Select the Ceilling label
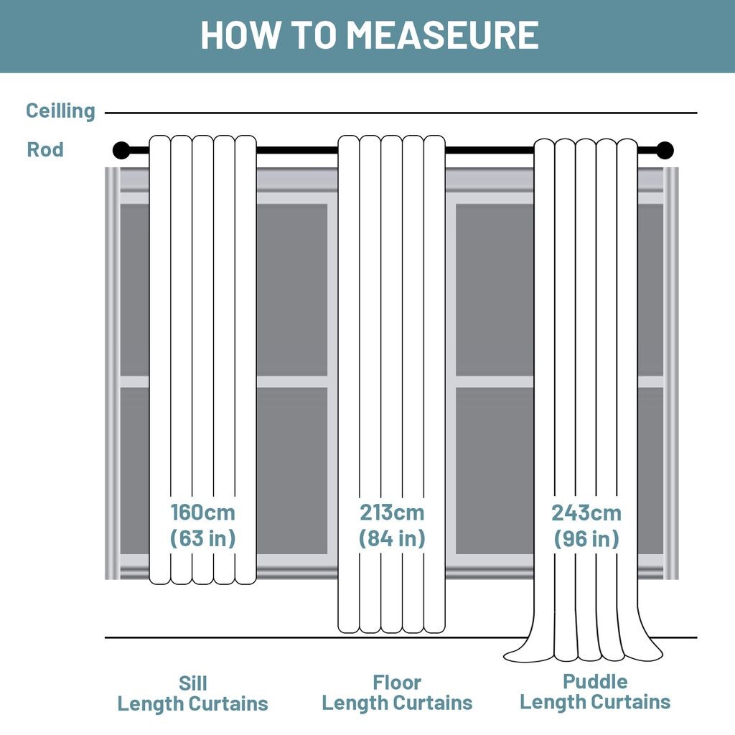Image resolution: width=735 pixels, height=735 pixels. (x=60, y=111)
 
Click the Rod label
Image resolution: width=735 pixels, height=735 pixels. (x=45, y=150)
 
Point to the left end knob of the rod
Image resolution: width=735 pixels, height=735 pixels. (x=121, y=150)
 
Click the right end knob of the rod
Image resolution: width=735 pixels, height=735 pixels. (x=665, y=150)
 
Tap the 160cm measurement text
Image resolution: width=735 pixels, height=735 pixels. (x=202, y=513)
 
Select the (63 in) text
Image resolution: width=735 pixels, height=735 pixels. (x=202, y=538)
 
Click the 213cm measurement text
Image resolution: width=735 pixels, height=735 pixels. (x=392, y=513)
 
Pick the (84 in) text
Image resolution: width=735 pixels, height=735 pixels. (x=392, y=538)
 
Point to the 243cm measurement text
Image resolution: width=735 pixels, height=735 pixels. (x=586, y=514)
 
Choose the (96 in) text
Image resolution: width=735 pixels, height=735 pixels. (x=586, y=539)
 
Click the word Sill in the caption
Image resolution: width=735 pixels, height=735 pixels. (x=192, y=683)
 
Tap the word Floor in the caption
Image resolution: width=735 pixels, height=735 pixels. (x=397, y=683)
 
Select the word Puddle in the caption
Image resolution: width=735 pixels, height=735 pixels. (x=595, y=681)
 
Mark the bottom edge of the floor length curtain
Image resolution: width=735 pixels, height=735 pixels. (x=392, y=632)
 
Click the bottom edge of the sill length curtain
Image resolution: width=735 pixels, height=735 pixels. (x=202, y=582)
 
